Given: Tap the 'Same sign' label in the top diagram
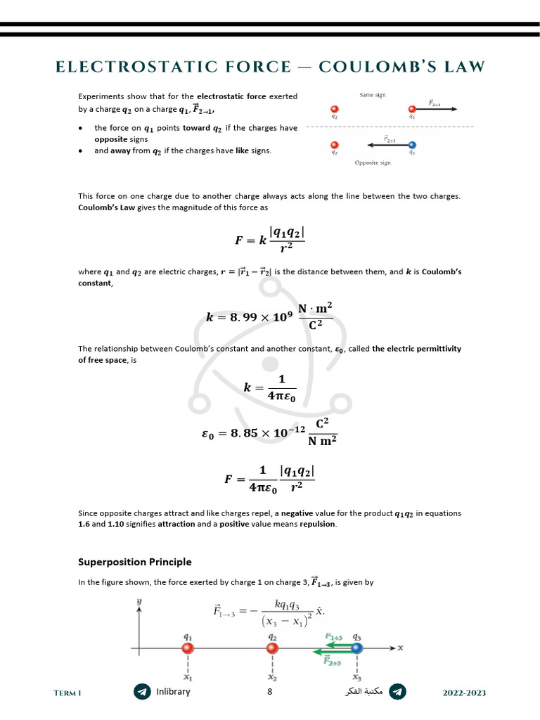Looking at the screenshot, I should (x=373, y=95).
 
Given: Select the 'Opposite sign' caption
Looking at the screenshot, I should (x=373, y=162).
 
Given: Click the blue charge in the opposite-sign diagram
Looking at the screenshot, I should (x=412, y=145).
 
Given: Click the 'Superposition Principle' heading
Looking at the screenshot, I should (x=134, y=562).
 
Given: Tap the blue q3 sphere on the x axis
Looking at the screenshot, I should (x=357, y=648).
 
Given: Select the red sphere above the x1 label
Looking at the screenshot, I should (x=188, y=648).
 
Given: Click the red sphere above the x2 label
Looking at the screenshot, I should (x=273, y=648).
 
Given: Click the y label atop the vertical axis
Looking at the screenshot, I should (x=140, y=602).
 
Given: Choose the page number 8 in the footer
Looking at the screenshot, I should (x=269, y=692).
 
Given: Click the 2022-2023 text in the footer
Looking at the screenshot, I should (x=464, y=693).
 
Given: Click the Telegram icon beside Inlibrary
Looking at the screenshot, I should (x=142, y=692).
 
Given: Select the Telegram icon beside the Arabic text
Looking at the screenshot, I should (x=397, y=692).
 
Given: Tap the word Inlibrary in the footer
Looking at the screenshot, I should (x=173, y=692).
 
